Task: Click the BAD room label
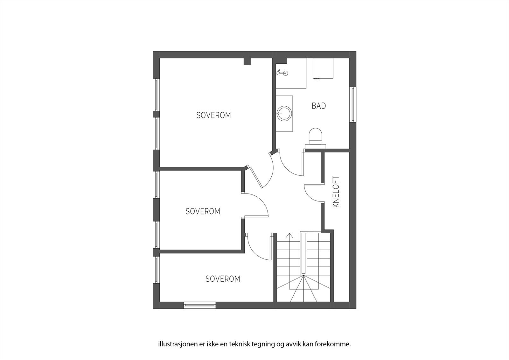coord(319,106)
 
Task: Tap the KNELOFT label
coord(336,192)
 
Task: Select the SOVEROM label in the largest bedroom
coord(213,115)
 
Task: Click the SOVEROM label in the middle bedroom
coord(203,211)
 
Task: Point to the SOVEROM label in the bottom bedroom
coord(223,279)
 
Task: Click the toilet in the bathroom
coord(316,136)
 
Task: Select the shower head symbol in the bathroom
coord(282,73)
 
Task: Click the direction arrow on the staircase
coord(289,236)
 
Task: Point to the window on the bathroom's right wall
coord(352,104)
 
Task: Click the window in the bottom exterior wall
coord(200,305)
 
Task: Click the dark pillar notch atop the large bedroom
coord(247,61)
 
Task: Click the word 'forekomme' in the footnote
coord(337,344)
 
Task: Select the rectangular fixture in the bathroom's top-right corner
coord(323,68)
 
